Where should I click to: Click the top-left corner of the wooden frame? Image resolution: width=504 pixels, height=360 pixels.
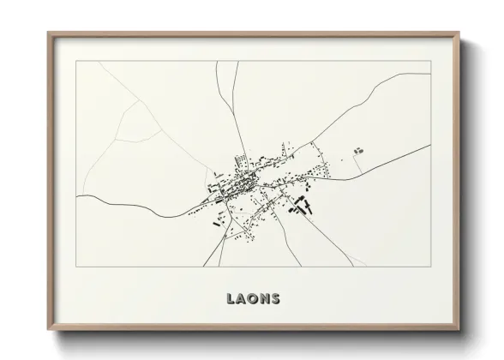point(48,33)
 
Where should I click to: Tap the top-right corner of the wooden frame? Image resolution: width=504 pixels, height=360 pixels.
point(458,33)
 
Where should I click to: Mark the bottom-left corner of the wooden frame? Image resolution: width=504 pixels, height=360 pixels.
point(48,329)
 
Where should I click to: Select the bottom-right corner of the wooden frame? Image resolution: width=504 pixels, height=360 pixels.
point(458,329)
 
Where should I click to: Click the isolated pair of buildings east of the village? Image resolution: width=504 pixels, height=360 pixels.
point(357,151)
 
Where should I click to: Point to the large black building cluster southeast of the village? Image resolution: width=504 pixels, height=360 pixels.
point(301,205)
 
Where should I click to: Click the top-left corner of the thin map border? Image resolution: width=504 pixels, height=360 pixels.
point(76,62)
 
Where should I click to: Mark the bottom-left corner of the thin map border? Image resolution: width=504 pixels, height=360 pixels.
point(76,267)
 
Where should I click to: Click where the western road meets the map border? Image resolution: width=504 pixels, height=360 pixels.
point(77,196)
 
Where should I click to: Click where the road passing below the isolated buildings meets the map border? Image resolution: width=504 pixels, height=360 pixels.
point(429,146)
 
